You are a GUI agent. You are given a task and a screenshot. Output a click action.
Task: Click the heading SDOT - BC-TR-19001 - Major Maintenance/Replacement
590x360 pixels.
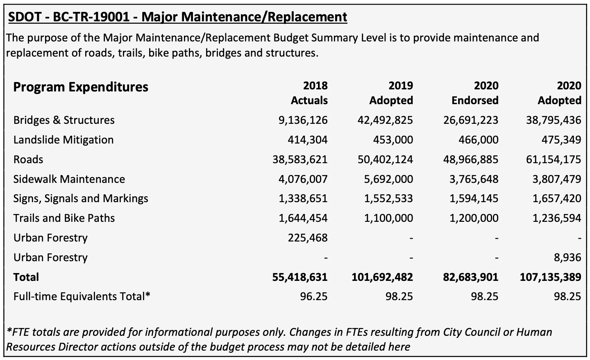(177, 17)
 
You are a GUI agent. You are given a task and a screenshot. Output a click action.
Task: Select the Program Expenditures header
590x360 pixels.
(81, 87)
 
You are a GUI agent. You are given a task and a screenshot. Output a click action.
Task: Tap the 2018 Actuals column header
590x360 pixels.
(309, 93)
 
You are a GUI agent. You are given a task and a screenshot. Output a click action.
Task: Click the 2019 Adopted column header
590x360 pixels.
(391, 93)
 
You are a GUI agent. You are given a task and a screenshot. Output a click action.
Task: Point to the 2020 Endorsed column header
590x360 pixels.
(475, 93)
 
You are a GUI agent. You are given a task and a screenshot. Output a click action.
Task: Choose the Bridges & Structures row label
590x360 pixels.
(64, 120)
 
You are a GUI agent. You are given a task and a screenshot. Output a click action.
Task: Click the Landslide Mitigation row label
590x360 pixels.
(64, 140)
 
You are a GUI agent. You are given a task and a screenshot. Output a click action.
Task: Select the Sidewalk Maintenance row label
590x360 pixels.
(69, 179)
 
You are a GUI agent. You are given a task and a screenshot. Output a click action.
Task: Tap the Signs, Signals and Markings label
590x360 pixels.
(81, 198)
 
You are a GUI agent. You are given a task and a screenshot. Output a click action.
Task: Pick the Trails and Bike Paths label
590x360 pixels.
(64, 218)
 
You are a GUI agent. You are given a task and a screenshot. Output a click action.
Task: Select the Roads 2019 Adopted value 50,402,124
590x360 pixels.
(385, 159)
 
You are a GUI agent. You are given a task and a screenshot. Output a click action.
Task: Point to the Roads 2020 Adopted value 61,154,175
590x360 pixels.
(554, 159)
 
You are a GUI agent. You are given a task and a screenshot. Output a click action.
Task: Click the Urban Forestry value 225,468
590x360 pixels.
(308, 238)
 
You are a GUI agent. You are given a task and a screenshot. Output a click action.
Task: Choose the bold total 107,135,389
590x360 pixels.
(550, 277)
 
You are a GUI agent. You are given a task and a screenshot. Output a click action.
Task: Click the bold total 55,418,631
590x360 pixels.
(300, 277)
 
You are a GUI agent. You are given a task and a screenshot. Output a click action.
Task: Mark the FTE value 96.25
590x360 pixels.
(313, 296)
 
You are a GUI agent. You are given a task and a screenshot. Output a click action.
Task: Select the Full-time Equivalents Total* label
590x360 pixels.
(82, 296)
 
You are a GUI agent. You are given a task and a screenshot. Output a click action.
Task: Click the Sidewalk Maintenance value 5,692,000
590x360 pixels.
(388, 179)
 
